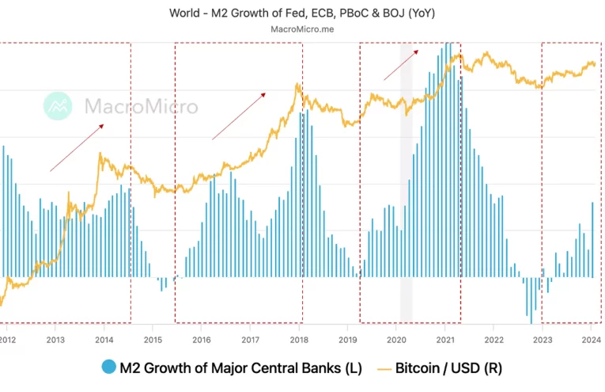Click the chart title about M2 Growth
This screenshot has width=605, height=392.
pyautogui.click(x=301, y=13)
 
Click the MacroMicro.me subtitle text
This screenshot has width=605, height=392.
pyautogui.click(x=301, y=30)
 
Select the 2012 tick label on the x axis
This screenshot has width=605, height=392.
pyautogui.click(x=6, y=340)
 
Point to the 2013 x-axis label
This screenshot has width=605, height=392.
pyautogui.click(x=55, y=340)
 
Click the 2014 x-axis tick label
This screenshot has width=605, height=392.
pyautogui.click(x=104, y=340)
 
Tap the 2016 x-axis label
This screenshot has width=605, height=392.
pyautogui.click(x=202, y=340)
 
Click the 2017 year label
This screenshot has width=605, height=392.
pyautogui.click(x=251, y=340)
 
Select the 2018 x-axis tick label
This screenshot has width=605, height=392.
pyautogui.click(x=299, y=340)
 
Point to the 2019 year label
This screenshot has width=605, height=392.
pyautogui.click(x=348, y=340)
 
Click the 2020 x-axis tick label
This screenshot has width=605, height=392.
pyautogui.click(x=396, y=340)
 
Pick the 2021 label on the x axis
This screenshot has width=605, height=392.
pyautogui.click(x=445, y=340)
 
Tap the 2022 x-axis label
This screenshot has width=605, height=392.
pyautogui.click(x=493, y=340)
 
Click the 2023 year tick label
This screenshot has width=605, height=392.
pyautogui.click(x=543, y=340)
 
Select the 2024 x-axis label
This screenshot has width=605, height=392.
pyautogui.click(x=591, y=340)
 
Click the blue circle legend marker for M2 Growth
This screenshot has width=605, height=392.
pyautogui.click(x=108, y=367)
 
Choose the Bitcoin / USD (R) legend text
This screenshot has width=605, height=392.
pyautogui.click(x=448, y=367)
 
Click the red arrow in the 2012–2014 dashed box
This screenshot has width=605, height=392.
pyautogui.click(x=77, y=147)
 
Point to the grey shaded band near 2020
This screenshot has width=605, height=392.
pyautogui.click(x=406, y=182)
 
